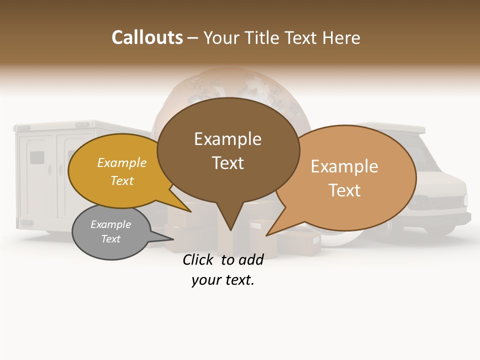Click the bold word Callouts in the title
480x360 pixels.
coord(147,37)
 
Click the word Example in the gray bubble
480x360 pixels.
coord(110,224)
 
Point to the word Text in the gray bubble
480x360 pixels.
coord(110,239)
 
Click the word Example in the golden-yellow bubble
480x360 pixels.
coord(122,162)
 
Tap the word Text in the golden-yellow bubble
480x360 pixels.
coord(122,180)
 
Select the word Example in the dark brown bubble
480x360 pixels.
coord(227,139)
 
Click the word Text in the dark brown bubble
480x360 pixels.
coord(227,163)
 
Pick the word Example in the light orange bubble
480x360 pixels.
coord(344,166)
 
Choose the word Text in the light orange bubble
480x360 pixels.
coord(344,190)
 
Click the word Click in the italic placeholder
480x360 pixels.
coord(198,259)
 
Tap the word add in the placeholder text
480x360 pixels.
coord(250,259)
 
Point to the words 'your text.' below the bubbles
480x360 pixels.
coord(223,280)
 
